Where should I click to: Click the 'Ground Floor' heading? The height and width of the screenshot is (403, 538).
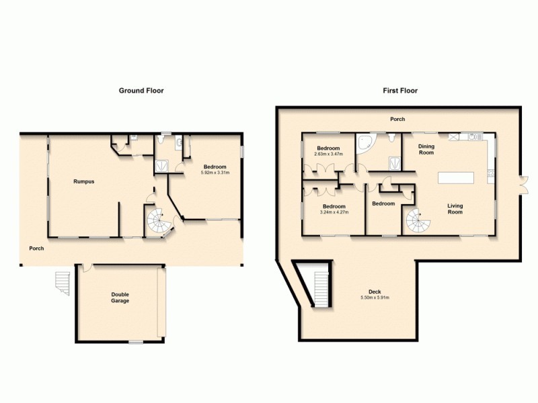[141, 90]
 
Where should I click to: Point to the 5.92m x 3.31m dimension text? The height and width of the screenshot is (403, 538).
[215, 173]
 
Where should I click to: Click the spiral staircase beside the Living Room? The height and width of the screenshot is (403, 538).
[417, 220]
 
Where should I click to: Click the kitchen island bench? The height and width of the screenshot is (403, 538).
[456, 177]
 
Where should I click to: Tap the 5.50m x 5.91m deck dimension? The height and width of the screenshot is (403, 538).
[375, 298]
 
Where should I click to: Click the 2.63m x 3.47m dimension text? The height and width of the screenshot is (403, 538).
[328, 154]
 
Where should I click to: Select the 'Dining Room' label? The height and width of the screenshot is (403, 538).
[426, 149]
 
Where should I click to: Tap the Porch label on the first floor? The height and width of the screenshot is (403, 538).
[398, 120]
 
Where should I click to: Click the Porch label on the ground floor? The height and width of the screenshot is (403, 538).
[36, 249]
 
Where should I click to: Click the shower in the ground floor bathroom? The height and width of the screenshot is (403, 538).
[163, 165]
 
